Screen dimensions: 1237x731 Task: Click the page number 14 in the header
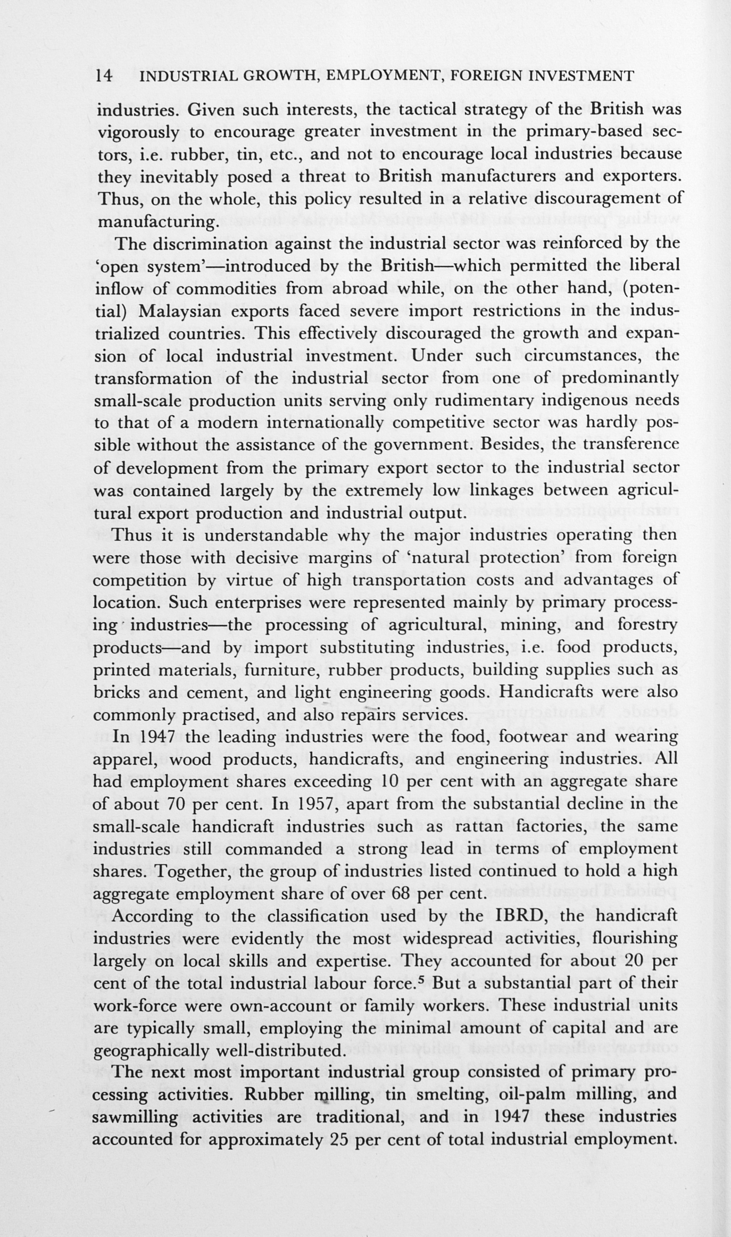(x=104, y=76)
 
